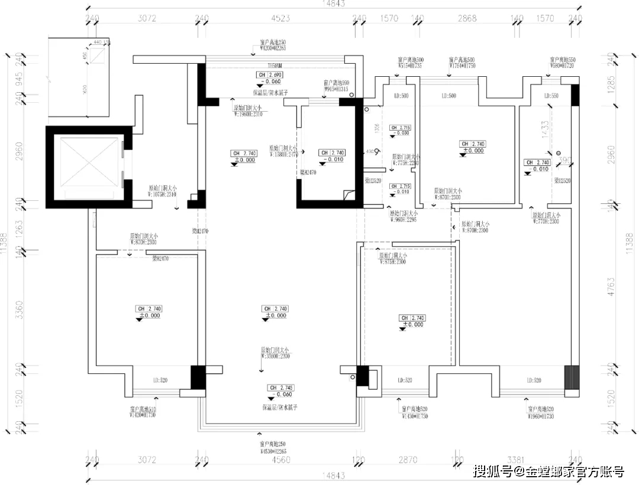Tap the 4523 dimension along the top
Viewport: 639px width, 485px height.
click(280, 18)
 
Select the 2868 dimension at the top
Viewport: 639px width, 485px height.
click(467, 18)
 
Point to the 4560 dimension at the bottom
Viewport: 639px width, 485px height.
click(280, 459)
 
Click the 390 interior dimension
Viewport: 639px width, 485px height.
click(564, 161)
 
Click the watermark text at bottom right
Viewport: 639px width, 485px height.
click(550, 471)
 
